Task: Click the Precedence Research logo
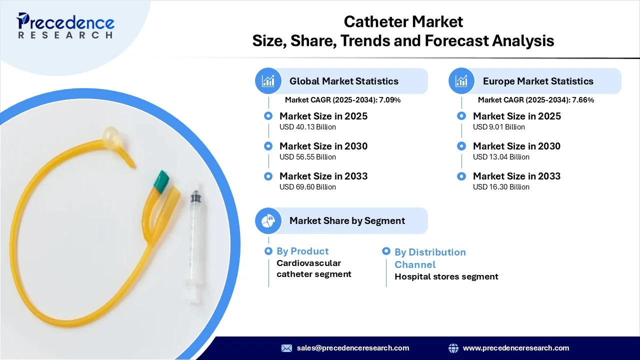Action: tap(65, 25)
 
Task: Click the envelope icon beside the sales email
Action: tap(286, 348)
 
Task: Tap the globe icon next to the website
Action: tap(453, 348)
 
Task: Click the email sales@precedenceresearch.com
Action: tap(353, 348)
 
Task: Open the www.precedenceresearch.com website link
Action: tap(516, 348)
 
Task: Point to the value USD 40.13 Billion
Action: tap(307, 127)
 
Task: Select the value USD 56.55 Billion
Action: tap(307, 157)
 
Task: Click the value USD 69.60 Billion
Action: tap(307, 187)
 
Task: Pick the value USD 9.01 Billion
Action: tap(499, 127)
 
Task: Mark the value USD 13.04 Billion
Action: tap(501, 157)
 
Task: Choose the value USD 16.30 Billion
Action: tap(501, 187)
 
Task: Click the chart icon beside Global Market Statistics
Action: tap(268, 81)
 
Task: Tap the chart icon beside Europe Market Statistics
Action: tap(461, 81)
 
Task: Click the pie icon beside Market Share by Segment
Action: tap(268, 220)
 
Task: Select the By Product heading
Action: tap(302, 251)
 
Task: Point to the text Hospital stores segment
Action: tap(446, 276)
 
